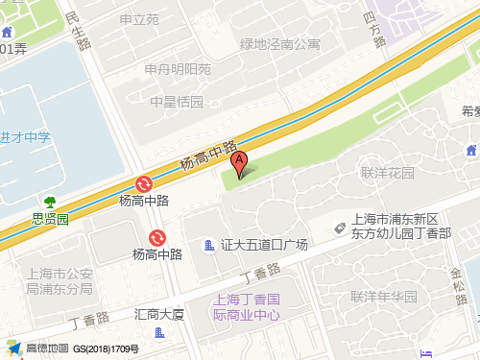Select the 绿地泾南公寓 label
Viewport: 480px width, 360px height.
[279, 43]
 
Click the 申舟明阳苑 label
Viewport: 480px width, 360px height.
[178, 69]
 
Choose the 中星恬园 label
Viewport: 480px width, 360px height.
[178, 102]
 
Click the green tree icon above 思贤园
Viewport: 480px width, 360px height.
[50, 202]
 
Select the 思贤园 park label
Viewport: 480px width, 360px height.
[50, 219]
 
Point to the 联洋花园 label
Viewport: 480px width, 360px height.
[387, 173]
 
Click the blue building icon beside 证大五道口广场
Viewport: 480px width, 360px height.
[209, 246]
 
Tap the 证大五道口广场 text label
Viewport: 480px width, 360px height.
[264, 246]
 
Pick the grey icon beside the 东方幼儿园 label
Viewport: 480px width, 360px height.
[339, 228]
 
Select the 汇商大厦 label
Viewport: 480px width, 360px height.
[159, 313]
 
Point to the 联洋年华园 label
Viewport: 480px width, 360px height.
[383, 296]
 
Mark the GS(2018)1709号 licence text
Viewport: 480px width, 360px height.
[107, 348]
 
